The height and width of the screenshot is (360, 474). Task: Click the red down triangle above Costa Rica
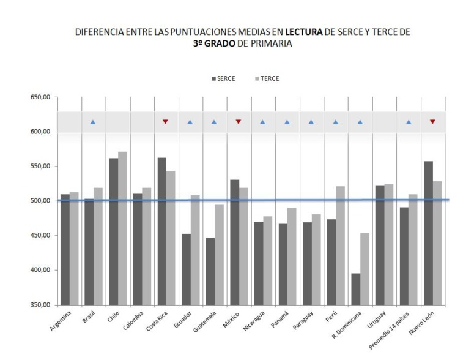(x=165, y=122)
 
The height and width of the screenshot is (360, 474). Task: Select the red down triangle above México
(x=239, y=122)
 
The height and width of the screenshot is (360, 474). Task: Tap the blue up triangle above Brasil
(x=93, y=122)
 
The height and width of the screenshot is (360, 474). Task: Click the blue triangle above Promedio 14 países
(x=409, y=122)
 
